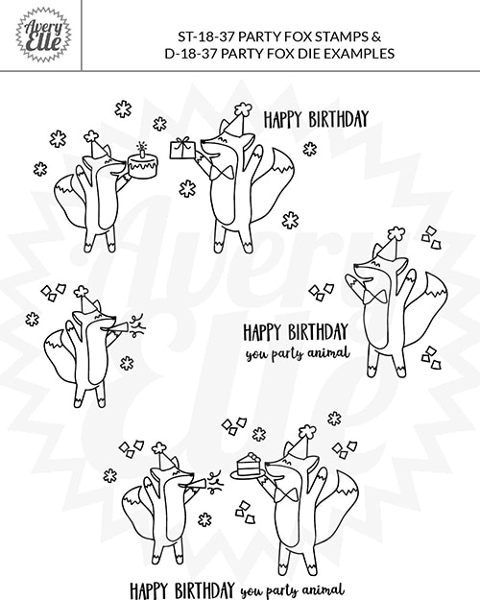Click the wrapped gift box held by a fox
pos(181,147)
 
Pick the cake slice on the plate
pos(249,464)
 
